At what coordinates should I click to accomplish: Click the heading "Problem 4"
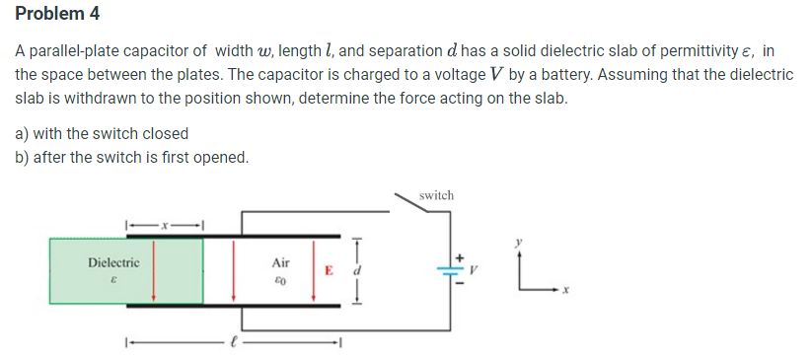tap(58, 15)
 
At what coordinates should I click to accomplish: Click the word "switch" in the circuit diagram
tap(436, 195)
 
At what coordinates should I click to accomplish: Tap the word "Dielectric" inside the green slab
tap(113, 263)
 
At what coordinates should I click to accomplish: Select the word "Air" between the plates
tap(280, 263)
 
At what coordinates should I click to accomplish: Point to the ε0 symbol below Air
tap(280, 281)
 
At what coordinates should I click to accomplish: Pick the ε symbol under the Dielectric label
tap(112, 281)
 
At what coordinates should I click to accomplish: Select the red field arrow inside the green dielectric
tap(152, 270)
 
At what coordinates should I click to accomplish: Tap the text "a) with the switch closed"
tap(102, 133)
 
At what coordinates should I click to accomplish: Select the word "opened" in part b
tap(220, 158)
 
